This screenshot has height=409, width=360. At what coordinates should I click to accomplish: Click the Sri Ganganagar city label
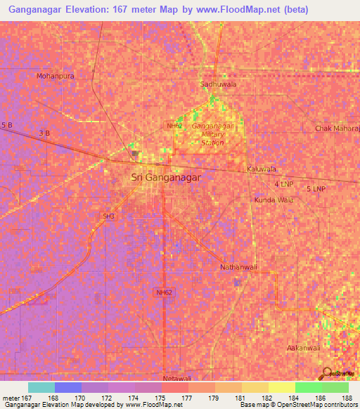tap(166, 178)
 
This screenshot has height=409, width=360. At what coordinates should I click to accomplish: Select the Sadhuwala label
tap(218, 84)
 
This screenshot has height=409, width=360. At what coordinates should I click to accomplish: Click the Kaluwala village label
tap(262, 169)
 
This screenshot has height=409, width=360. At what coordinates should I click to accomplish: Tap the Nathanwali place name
tap(239, 268)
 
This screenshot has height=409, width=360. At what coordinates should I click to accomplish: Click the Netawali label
tap(177, 379)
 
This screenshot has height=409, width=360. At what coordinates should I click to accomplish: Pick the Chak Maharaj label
tap(337, 129)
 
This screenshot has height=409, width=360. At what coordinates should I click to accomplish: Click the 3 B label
tap(44, 132)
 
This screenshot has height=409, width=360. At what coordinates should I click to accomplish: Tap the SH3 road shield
tap(108, 216)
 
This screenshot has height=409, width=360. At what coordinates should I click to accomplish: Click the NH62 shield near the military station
tap(174, 125)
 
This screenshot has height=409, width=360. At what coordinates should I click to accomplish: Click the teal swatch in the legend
tap(41, 387)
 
